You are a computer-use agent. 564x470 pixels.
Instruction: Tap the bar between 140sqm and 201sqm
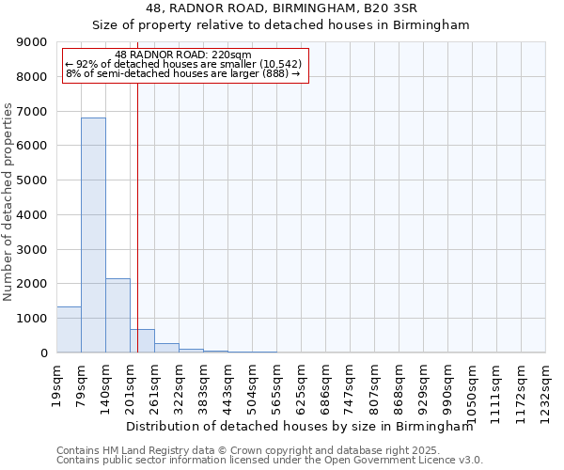117,316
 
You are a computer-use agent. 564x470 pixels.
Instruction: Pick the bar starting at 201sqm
142,341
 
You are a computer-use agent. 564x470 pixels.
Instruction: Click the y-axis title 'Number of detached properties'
8,202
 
